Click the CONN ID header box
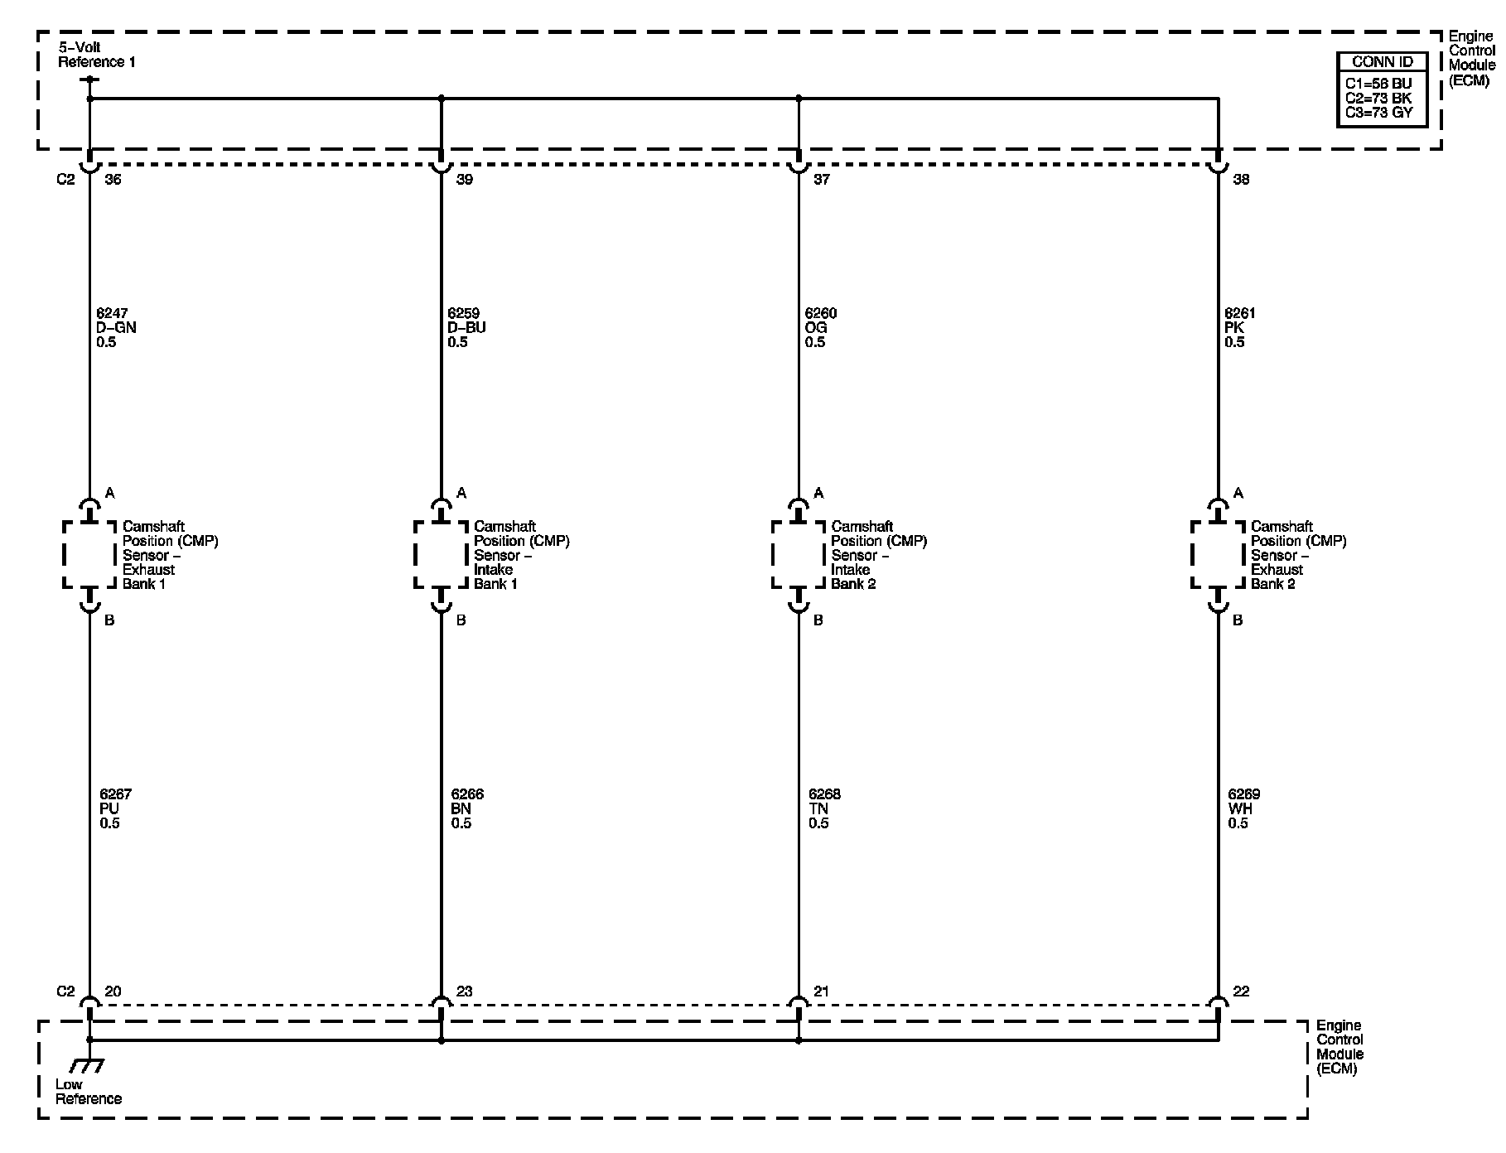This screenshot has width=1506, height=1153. (x=1382, y=62)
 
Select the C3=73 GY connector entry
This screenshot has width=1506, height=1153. (x=1379, y=113)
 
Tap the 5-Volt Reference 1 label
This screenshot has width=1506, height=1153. (x=96, y=55)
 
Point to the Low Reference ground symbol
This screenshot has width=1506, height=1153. (x=88, y=1065)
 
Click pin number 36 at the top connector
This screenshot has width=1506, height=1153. (x=113, y=180)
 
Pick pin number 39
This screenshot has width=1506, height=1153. (x=465, y=180)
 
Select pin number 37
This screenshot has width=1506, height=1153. (x=822, y=180)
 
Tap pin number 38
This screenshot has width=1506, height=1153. (x=1241, y=180)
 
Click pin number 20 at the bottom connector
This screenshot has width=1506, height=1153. (x=113, y=991)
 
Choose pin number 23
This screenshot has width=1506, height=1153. (x=465, y=991)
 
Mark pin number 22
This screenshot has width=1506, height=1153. (x=1241, y=991)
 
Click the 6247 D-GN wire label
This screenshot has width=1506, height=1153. (x=116, y=328)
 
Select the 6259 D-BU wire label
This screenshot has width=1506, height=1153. (x=466, y=328)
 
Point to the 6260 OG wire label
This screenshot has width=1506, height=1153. (x=821, y=328)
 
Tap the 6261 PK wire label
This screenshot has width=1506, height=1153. (x=1240, y=328)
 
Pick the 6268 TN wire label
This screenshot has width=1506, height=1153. (x=824, y=808)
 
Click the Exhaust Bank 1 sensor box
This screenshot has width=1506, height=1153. (x=89, y=555)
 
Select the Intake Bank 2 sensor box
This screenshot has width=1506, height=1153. (x=799, y=555)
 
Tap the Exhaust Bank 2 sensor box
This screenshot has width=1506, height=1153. (x=1218, y=555)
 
